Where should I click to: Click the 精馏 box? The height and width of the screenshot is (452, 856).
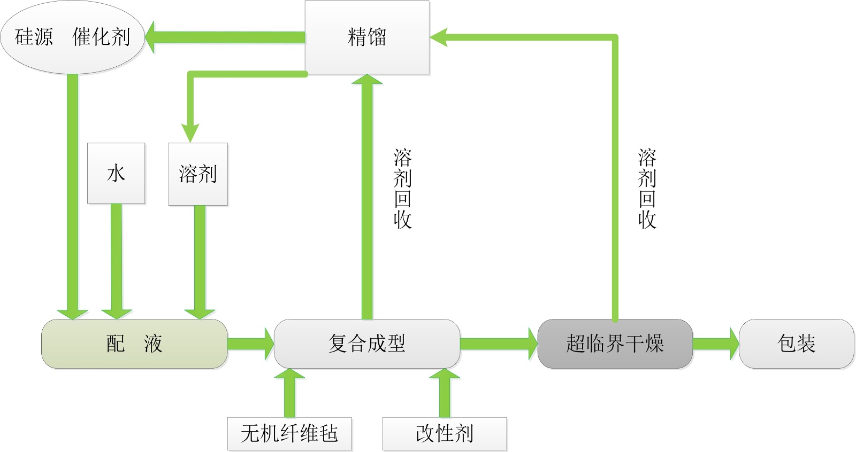367,37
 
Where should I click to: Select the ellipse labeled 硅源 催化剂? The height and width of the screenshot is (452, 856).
72,37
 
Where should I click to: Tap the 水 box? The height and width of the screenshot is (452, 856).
116,173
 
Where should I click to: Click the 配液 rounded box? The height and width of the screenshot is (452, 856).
134,344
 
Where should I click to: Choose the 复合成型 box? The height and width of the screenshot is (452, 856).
367,344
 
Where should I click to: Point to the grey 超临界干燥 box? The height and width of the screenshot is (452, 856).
615,344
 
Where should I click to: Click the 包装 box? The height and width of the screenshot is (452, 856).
796,344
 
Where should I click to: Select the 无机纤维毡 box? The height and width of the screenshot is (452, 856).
289,433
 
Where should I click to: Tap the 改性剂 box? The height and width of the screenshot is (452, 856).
445,433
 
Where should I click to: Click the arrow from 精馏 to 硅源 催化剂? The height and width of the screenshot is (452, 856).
225,37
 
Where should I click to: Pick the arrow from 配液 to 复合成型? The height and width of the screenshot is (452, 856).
250,344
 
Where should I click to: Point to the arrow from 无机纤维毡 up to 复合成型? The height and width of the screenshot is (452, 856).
289,393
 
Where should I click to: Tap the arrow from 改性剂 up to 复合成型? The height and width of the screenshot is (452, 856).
445,393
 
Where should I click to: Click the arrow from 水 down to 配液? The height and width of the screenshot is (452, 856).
116,262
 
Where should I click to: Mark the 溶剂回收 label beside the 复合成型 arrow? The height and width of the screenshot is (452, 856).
402,189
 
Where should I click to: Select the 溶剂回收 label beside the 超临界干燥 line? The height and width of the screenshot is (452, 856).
647,189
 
